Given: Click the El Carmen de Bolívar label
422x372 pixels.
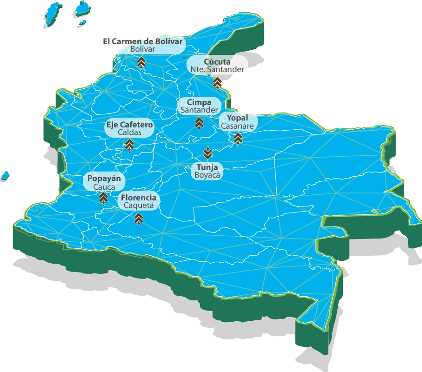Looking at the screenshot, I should coord(143,41).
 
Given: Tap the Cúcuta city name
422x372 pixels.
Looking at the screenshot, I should coord(217,62).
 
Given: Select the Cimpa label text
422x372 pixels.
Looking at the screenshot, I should coord(199,102).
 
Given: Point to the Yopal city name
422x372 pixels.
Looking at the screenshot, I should coord(237,118).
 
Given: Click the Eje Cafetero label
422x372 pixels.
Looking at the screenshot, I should coord(129,125).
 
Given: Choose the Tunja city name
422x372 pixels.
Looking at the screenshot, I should coord(207,167).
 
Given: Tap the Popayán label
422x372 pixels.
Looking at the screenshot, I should coord(104,179).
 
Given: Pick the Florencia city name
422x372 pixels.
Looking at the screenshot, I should coord(139,197).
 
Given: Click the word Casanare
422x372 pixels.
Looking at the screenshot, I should coord(237,126).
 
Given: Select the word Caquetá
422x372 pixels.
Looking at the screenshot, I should coord(139,205).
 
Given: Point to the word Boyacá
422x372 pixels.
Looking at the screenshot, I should coord(207,175).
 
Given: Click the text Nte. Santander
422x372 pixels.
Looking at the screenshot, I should coord(217,69).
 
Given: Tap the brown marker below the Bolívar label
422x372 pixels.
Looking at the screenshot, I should coord(141,63).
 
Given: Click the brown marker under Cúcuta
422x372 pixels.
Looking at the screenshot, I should coord(217,83).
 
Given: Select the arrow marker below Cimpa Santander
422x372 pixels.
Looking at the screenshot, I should coord(199,123).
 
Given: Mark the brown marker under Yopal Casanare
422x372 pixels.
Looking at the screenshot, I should coord(238,138).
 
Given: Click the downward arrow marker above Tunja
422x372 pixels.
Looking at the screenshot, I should coord(208,153).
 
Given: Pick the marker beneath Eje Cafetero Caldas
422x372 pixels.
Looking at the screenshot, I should coord(129,145).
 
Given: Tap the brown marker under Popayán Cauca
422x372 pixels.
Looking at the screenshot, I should coord(104,198).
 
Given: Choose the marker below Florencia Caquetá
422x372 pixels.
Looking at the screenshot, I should coord(138,219).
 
